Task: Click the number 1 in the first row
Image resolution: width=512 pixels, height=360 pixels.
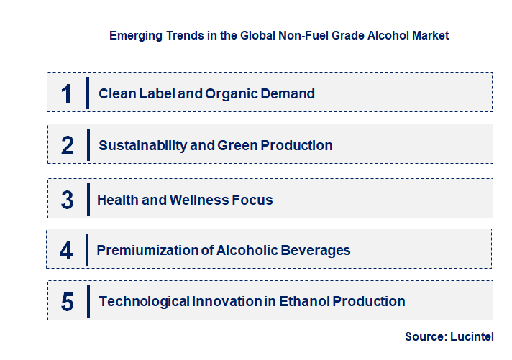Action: pos(67,93)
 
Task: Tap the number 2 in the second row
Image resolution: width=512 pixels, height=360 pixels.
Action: pos(68,145)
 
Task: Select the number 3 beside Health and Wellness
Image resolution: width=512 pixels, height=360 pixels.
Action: pos(67,200)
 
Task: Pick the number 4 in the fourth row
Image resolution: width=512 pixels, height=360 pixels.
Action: pos(67,251)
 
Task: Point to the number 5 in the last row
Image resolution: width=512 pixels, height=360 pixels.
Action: pos(67,302)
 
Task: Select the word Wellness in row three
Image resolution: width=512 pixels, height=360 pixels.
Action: pos(201,200)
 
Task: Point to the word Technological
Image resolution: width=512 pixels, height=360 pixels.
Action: pos(144,301)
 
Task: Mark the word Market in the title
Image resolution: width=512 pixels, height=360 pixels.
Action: pos(429,34)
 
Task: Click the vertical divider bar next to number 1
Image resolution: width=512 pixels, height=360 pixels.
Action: pos(87,93)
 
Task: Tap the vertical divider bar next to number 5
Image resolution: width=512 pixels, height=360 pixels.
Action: pos(88,301)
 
